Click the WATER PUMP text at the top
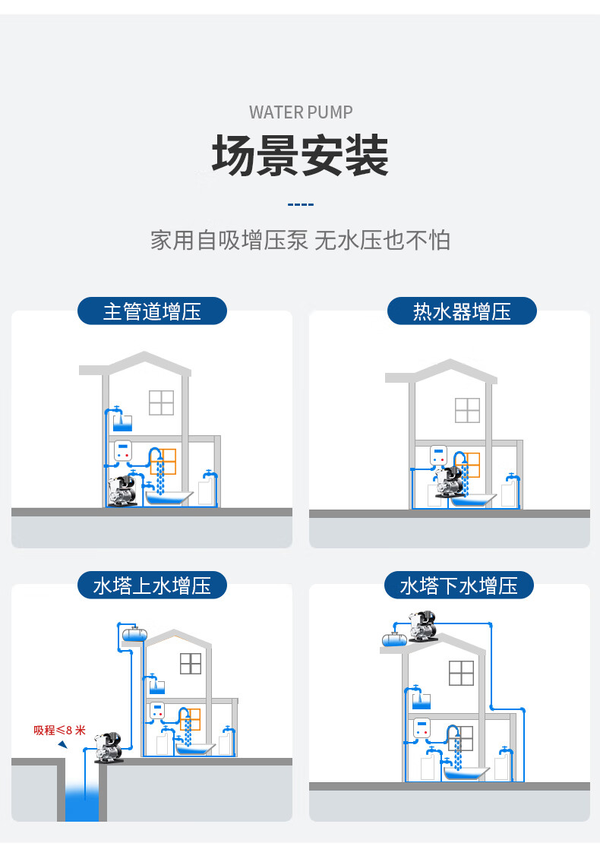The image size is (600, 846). coord(301,112)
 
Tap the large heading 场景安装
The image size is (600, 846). coord(300,156)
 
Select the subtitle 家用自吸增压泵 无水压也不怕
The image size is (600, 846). coord(300,240)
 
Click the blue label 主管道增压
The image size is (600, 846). coord(152,311)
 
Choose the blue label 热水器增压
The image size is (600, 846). coord(462,311)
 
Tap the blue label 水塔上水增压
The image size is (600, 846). coord(152,586)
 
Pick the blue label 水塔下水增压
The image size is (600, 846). coord(459,586)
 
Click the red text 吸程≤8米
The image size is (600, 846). coord(59,731)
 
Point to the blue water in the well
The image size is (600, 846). coord(81,803)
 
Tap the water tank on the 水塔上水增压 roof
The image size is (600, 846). coord(133,632)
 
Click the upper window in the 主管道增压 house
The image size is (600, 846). coord(161,402)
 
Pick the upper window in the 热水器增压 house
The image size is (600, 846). coord(467,410)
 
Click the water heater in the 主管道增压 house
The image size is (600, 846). coord(122,451)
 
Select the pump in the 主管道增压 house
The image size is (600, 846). coord(122,491)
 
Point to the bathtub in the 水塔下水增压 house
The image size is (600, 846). coord(466,774)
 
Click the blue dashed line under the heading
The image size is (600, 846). coord(301,205)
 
